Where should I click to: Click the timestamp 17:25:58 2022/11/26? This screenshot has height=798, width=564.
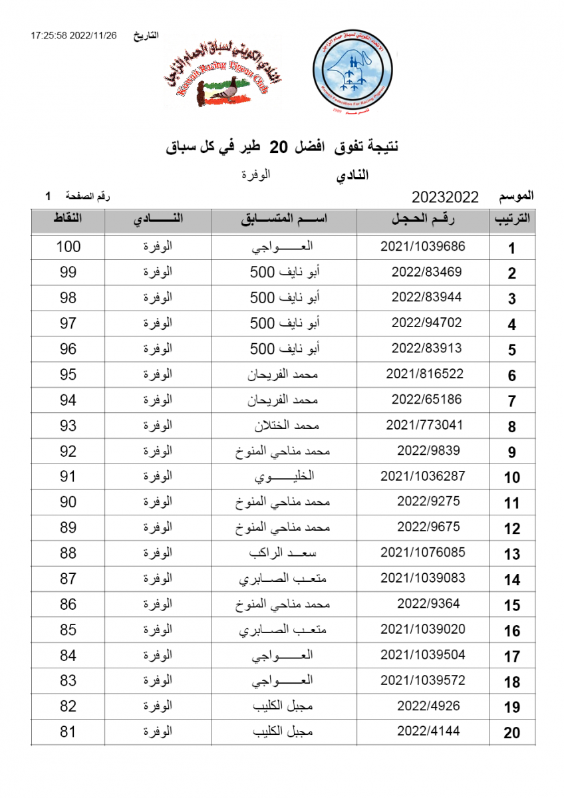(73, 35)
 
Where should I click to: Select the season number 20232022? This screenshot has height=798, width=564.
(446, 197)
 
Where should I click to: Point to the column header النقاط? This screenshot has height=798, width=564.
(68, 219)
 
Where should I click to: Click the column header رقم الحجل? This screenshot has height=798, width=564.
(423, 220)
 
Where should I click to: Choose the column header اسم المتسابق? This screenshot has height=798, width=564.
(284, 220)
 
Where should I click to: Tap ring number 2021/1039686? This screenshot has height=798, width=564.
(423, 246)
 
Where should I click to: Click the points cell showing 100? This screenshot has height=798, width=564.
(69, 247)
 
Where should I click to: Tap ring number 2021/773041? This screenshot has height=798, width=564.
(424, 425)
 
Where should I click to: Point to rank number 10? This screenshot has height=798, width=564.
(511, 477)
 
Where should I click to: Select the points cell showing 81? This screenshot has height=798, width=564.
(69, 732)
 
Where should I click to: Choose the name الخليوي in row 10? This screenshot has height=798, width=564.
(285, 477)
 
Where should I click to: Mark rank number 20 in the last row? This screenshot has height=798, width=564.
(511, 733)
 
